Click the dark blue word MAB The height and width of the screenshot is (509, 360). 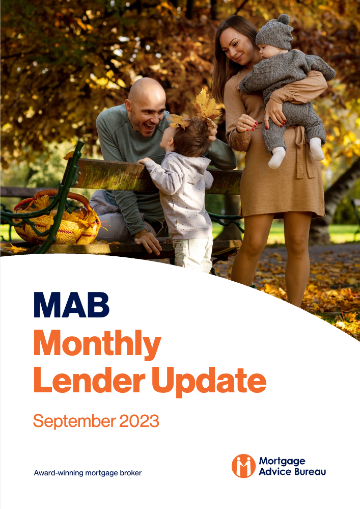point(72,305)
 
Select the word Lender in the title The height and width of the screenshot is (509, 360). point(90,380)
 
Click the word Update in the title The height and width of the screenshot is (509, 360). point(209,382)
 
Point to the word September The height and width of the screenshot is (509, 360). point(74,421)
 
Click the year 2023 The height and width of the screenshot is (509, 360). point(139,421)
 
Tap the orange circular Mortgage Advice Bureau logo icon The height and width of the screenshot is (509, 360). point(243,466)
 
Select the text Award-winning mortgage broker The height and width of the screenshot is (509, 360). point(88,473)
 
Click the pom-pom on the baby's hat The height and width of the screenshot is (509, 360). point(284,19)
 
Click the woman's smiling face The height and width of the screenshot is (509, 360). point(236,46)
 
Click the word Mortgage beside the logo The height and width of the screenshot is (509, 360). point(282,462)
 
